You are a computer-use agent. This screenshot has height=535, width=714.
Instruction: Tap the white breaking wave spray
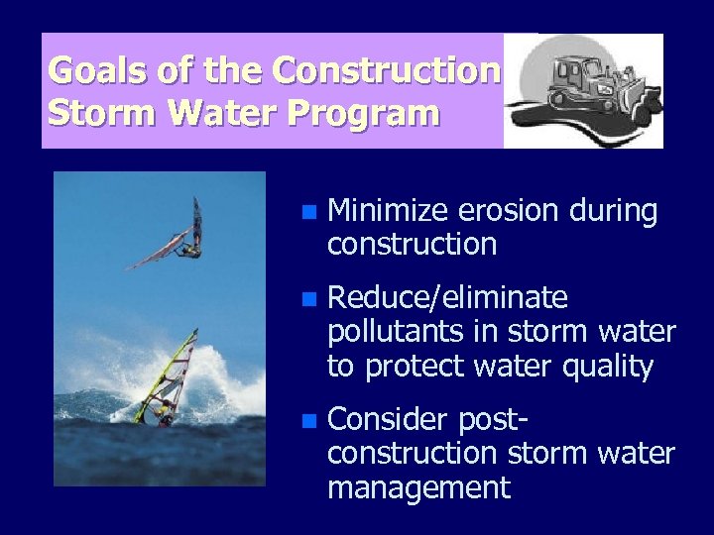[223, 381]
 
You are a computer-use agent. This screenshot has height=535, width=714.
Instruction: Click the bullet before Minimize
[310, 212]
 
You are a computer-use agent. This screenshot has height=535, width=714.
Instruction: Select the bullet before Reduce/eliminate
[310, 299]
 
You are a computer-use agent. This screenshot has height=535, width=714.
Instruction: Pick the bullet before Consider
[310, 421]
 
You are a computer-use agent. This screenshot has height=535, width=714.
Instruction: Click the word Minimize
[389, 211]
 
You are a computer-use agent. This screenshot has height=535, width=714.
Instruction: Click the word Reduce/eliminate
[447, 298]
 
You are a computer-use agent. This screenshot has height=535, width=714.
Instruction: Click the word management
[418, 487]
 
